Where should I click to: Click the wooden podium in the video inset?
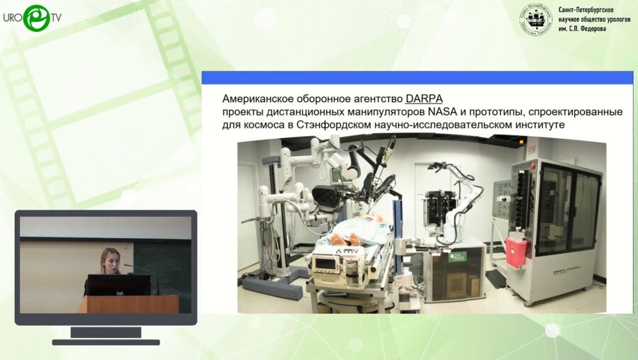click(x=128, y=304)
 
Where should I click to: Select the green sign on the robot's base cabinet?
click(x=457, y=256)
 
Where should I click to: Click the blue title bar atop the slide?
click(x=417, y=77)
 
